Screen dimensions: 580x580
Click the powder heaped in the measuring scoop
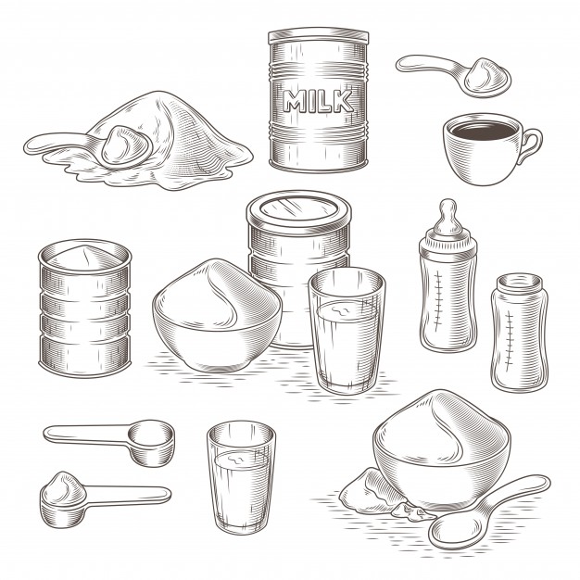(61, 483)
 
